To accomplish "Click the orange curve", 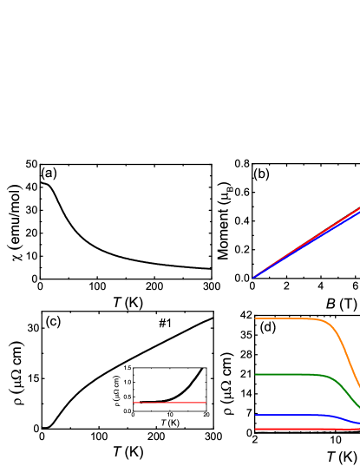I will (x=286, y=318).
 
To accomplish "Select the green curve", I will (x=286, y=374).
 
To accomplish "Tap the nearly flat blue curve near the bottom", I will (x=286, y=415).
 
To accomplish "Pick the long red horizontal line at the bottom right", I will (x=304, y=429).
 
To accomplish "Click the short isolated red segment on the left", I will (x=169, y=403).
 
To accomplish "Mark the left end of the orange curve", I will (x=255, y=318).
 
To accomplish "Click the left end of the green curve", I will (x=255, y=374).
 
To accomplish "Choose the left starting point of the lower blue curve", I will (x=255, y=415).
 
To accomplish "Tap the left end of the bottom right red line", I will (x=255, y=429).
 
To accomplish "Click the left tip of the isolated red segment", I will (x=133, y=403).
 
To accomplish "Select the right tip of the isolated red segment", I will (x=206, y=403).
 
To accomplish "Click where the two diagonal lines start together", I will (x=253, y=278).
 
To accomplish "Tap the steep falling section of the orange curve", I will (x=349, y=356).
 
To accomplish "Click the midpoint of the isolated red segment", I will (x=169, y=403).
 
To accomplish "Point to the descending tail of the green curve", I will (x=351, y=398).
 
